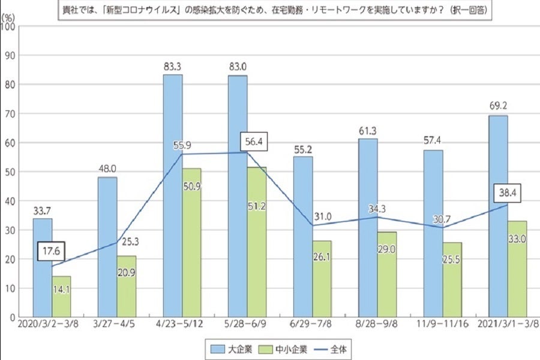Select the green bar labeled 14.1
click(x=62, y=296)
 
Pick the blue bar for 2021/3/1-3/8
click(x=498, y=216)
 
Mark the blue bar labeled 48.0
click(x=107, y=247)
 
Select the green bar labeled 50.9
click(x=192, y=242)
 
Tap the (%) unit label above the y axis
click(x=9, y=18)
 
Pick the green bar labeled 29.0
click(x=387, y=274)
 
